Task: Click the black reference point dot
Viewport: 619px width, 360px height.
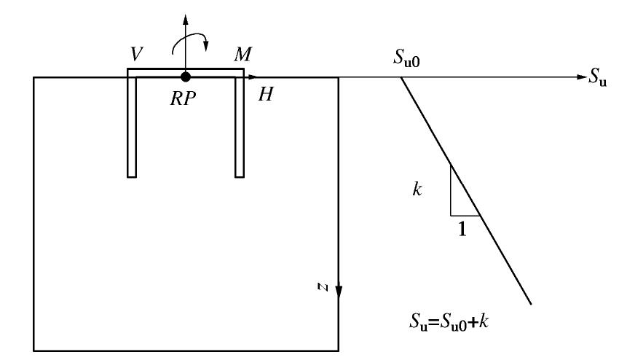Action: tap(186, 77)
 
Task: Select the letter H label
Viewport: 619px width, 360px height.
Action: tap(265, 95)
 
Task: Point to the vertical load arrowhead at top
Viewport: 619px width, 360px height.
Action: tap(186, 17)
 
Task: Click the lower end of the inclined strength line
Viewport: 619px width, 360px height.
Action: tap(531, 302)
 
